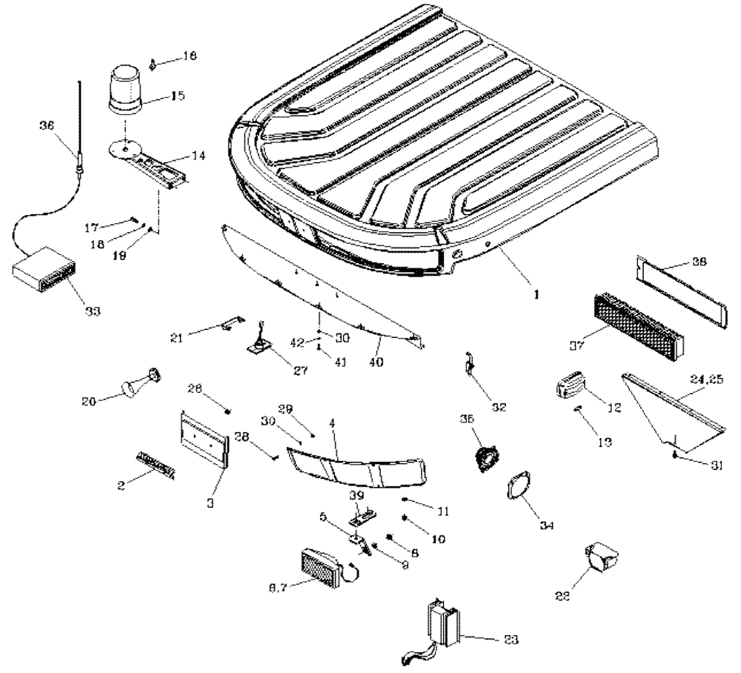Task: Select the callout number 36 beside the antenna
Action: (x=47, y=126)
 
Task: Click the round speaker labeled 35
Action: (x=485, y=457)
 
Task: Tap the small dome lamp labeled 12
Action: (x=571, y=388)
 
